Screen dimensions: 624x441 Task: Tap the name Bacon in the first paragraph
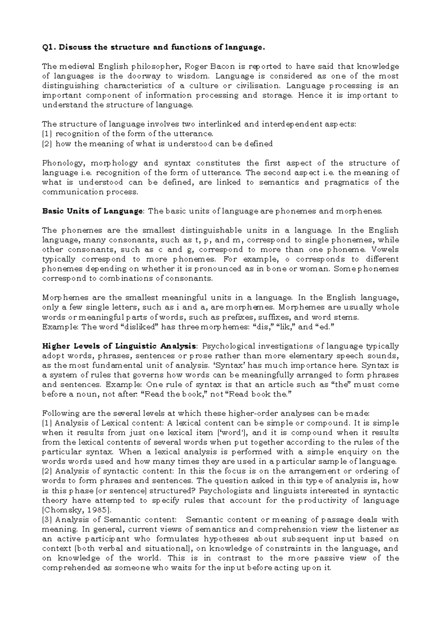tap(222, 67)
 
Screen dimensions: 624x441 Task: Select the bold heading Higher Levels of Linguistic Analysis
tap(119, 346)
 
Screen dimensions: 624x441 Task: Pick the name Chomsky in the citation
tap(62, 510)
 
